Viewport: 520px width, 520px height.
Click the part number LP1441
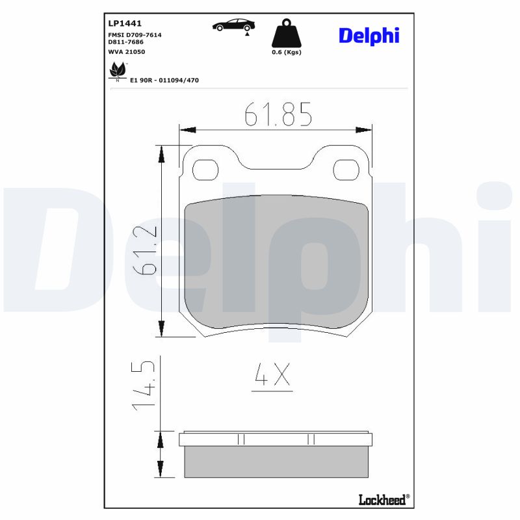[x=123, y=22]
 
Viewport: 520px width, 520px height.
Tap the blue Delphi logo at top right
[x=369, y=36]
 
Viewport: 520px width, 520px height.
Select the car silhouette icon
[x=234, y=25]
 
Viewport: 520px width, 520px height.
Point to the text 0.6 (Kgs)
[x=286, y=53]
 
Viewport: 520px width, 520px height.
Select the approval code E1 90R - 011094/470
[x=164, y=80]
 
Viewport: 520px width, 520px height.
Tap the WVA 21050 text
[x=126, y=51]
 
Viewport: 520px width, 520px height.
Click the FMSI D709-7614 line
[x=135, y=34]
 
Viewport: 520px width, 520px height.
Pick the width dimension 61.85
[x=278, y=115]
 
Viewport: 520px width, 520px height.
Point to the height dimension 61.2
[x=146, y=250]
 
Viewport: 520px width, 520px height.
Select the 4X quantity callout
[x=272, y=376]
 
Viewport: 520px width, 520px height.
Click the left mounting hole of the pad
[x=205, y=170]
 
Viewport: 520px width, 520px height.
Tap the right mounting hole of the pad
[x=346, y=170]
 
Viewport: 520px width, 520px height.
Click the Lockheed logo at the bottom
[x=383, y=499]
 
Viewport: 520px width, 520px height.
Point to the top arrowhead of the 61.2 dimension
[x=161, y=154]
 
